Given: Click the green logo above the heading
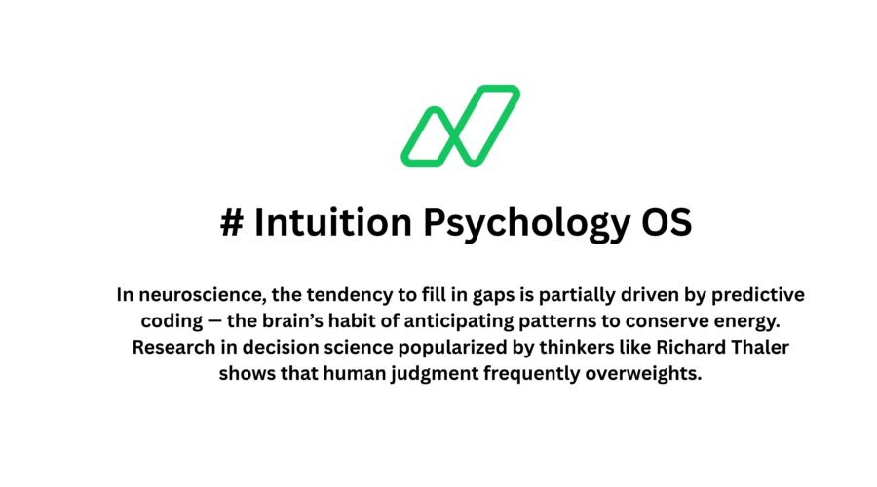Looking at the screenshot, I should [x=460, y=125].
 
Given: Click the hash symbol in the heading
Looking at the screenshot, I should [x=232, y=223].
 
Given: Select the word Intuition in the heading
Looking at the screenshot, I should [x=333, y=223].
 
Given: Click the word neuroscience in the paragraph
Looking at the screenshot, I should [x=191, y=294].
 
